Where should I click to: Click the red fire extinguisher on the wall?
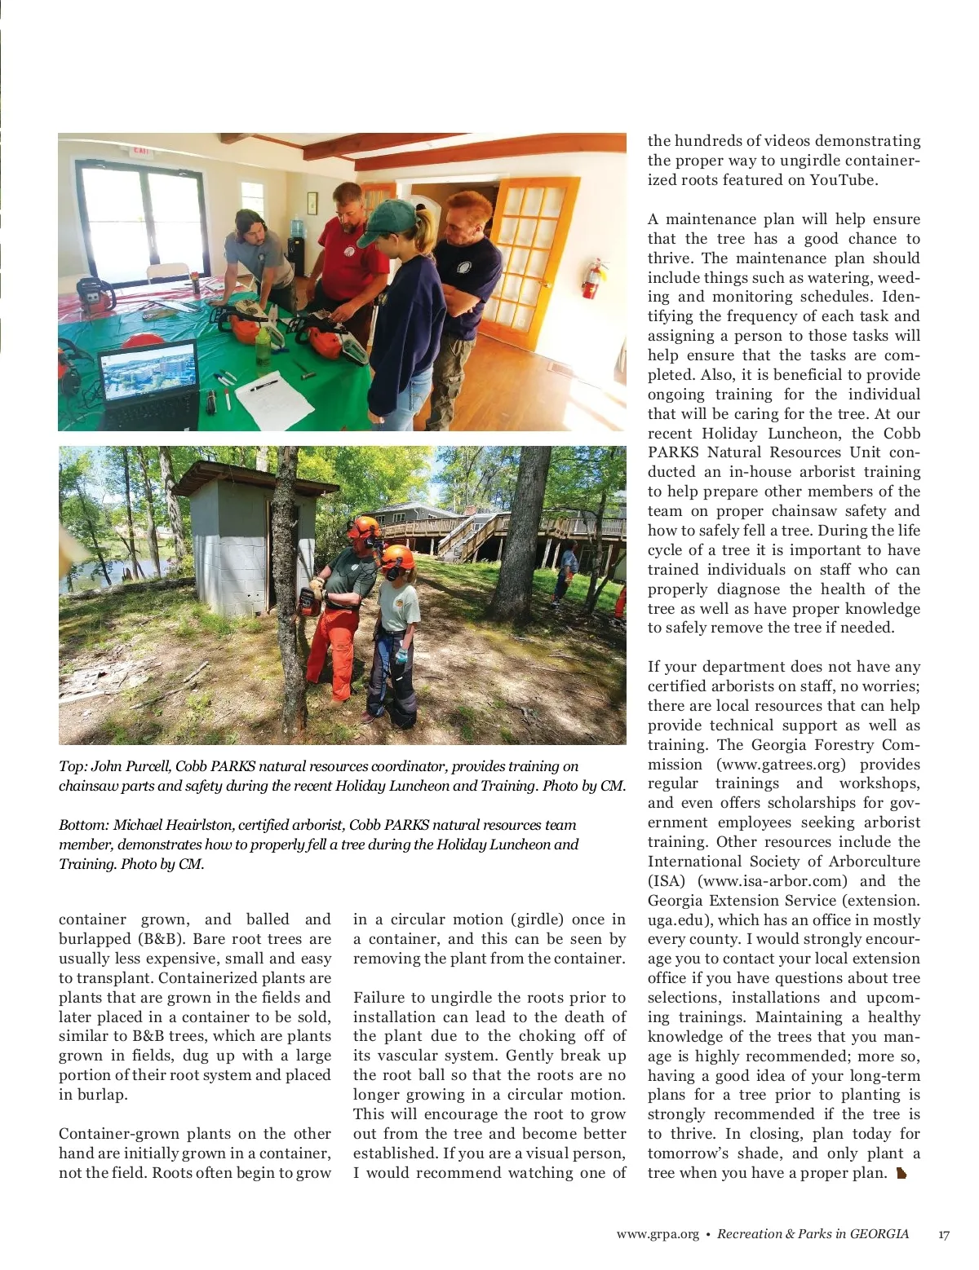pos(592,279)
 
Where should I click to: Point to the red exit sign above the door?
pos(140,152)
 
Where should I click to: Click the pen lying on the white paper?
pos(264,383)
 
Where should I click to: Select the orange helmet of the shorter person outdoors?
pos(398,558)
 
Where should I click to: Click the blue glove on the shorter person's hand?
pos(401,655)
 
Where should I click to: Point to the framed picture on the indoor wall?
pos(312,202)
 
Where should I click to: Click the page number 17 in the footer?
pos(943,1234)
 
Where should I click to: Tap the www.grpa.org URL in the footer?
pos(658,1234)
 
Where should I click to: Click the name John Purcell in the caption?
pos(130,766)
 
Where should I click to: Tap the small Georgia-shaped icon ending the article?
pos(901,1174)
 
